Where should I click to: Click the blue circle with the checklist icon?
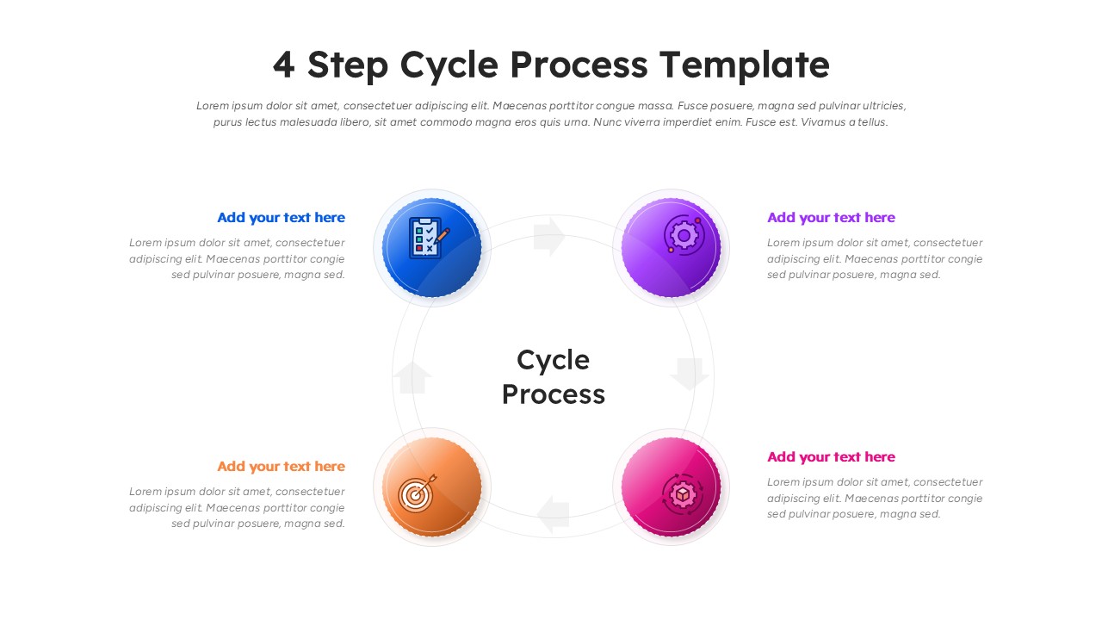[432, 248]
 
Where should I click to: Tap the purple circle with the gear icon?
[671, 248]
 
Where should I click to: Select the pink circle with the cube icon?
[671, 487]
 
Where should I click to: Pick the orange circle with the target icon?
[432, 487]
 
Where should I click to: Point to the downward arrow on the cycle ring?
[690, 374]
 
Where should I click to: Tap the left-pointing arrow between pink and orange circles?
[554, 514]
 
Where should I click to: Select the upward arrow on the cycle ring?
[413, 377]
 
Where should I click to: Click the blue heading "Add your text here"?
[281, 218]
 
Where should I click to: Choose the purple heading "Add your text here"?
[831, 218]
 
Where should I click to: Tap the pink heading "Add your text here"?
[831, 457]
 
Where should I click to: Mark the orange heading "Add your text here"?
[281, 467]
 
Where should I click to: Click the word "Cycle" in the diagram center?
[553, 360]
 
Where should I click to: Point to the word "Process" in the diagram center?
[553, 394]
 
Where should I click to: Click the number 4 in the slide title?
[283, 65]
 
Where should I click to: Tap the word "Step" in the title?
[348, 65]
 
